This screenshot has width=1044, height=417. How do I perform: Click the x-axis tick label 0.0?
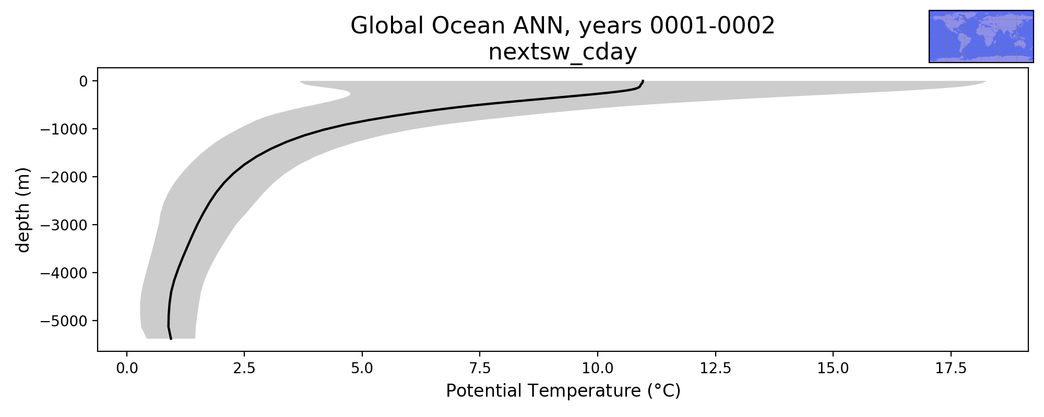coord(127,369)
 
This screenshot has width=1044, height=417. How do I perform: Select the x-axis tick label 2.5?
coord(244,369)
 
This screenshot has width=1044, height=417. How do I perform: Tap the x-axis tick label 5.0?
coord(362,369)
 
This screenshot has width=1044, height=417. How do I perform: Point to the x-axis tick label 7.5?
coord(480,369)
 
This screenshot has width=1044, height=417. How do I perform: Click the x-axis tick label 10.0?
coord(598,369)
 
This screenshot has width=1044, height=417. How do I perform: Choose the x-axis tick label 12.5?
coord(716,369)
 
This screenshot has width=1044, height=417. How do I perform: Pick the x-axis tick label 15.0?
coord(833,369)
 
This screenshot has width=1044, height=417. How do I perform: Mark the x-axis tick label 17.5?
coord(951,369)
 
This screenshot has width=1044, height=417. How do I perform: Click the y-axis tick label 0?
coord(84,81)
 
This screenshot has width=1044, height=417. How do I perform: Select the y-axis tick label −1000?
coord(64,129)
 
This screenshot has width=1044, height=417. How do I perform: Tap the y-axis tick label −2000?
coord(64,177)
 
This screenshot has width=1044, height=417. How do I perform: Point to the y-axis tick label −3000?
coord(64,225)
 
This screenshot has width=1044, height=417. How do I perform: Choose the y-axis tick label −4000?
coord(64,273)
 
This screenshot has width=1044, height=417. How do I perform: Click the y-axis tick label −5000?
coord(64,321)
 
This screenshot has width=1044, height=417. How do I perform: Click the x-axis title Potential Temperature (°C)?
coord(563,391)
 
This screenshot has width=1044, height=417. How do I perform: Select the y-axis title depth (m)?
coord(23,210)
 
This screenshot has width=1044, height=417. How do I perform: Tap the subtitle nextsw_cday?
coord(563,53)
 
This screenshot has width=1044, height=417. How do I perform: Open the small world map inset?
coord(981,36)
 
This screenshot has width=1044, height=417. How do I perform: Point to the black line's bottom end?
coord(171,339)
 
